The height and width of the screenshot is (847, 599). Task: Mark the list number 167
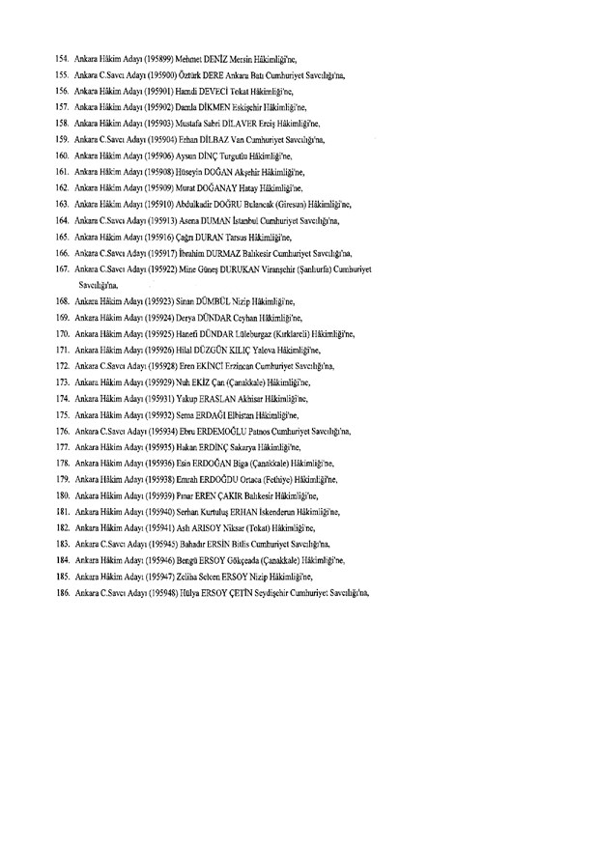coord(63,268)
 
